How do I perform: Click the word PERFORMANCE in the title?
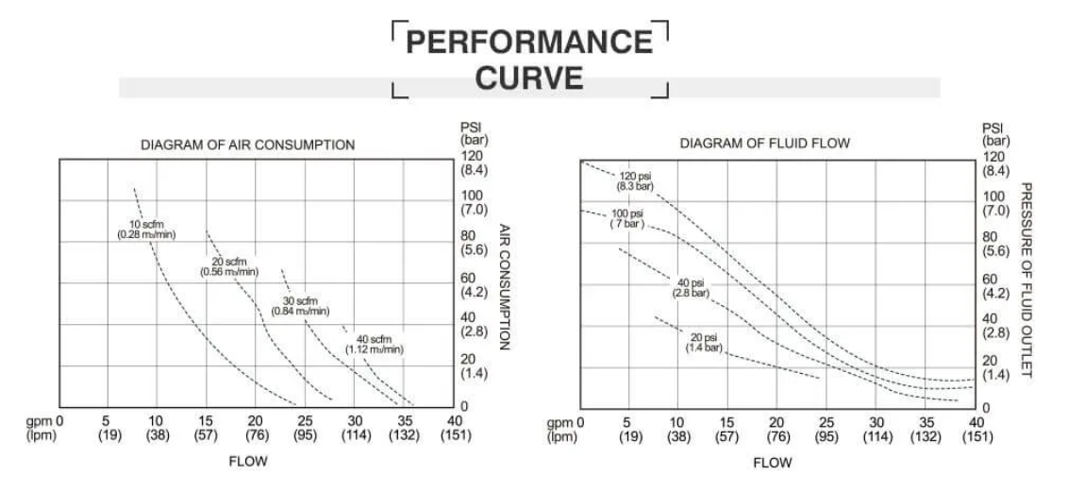coord(529,42)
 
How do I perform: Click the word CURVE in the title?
coord(529,77)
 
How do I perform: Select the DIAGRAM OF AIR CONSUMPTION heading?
coord(247,145)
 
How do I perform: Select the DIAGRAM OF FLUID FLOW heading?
coord(765,144)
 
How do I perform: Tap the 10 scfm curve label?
coord(146,229)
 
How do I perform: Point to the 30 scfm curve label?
coord(302,306)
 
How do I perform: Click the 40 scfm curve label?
coord(375,344)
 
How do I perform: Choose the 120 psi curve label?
coord(637,180)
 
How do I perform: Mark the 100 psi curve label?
coord(626,219)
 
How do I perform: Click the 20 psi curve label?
coord(704,343)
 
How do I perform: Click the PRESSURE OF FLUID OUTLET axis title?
coord(1027,281)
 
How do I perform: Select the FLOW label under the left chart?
coord(248,461)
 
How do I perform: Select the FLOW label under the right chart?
coord(772,463)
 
